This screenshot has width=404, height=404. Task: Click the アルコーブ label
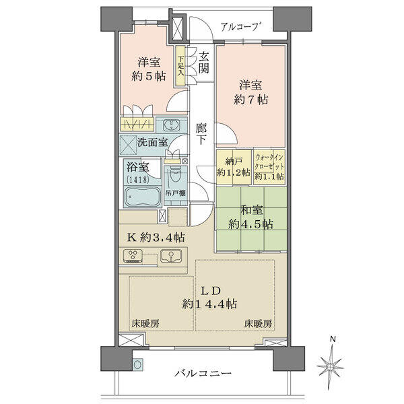point(240,27)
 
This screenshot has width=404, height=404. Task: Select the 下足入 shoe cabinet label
point(180,65)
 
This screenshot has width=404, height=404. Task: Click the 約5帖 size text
point(149,76)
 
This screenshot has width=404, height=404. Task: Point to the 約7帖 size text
point(251,100)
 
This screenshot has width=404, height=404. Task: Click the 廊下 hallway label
point(201,134)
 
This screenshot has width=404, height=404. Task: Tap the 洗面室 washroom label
point(152,142)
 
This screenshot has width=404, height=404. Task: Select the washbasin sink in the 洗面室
point(171,125)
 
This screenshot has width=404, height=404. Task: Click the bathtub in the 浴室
point(141,197)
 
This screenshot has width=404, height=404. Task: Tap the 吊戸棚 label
point(176,193)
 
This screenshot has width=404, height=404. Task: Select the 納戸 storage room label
point(234,162)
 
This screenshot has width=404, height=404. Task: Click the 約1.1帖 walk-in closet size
point(269,176)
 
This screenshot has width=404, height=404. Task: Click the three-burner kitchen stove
point(133,256)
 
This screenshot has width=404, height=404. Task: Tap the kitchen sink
point(170,256)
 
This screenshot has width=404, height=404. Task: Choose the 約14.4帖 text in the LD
point(209,304)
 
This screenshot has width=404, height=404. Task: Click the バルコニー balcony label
point(203,373)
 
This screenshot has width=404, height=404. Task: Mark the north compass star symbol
point(330,366)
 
